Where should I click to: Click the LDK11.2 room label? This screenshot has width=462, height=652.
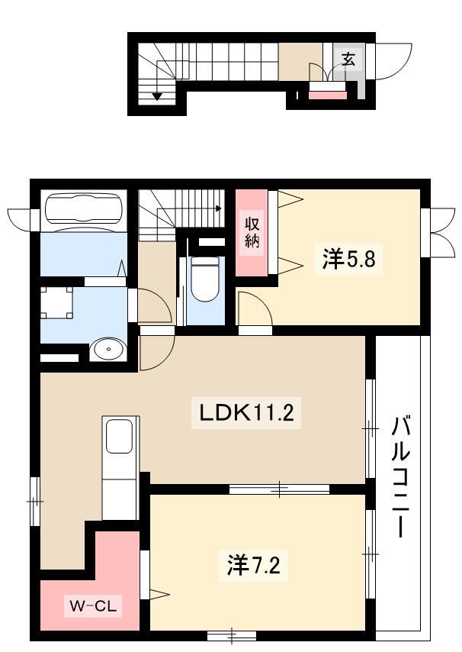point(246,413)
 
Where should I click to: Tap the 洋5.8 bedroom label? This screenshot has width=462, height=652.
point(348,259)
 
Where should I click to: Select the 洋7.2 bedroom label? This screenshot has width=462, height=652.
point(253,565)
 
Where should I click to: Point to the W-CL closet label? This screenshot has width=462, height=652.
point(93,606)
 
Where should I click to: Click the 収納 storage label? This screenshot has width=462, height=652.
point(252,232)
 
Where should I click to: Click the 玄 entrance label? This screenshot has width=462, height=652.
point(348,60)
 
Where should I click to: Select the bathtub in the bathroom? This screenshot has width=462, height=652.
point(84,209)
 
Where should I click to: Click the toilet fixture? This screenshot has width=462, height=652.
point(204,279)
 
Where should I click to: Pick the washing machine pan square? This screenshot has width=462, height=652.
point(57,302)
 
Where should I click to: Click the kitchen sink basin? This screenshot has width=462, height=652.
point(119,436)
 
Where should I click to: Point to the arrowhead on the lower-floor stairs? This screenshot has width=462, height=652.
point(156,96)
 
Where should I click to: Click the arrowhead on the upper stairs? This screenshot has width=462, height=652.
point(219,208)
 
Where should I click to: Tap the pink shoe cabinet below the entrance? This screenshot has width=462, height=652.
point(328,95)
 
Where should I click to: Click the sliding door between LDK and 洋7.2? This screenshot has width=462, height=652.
point(279,489)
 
